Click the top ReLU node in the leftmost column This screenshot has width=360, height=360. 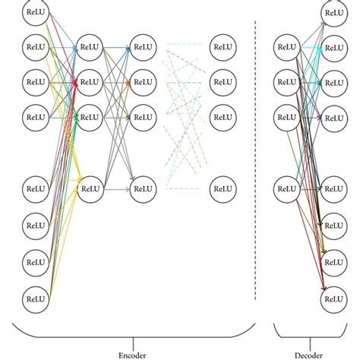coord(33,13)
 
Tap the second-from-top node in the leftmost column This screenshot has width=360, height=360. coord(33,47)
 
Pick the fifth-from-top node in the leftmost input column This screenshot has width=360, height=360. coord(33,187)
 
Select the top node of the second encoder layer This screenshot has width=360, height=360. coord(89,47)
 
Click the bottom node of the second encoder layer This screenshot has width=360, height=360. coord(89,187)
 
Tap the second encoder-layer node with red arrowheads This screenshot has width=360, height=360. coord(89,81)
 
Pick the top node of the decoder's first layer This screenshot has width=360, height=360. coord(288,47)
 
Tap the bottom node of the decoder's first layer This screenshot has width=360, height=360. coord(288,187)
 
